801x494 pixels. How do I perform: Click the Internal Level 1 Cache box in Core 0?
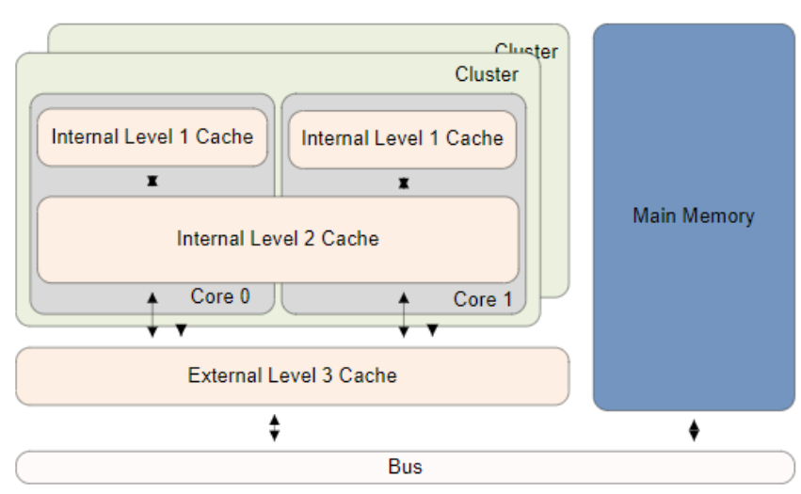pyautogui.click(x=152, y=137)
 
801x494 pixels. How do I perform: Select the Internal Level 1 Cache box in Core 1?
pyautogui.click(x=402, y=138)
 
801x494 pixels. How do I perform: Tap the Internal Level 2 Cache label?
pyautogui.click(x=278, y=239)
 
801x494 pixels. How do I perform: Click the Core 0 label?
pyautogui.click(x=220, y=296)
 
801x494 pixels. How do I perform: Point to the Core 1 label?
pyautogui.click(x=483, y=299)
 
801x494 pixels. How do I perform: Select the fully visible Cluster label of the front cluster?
pyautogui.click(x=487, y=74)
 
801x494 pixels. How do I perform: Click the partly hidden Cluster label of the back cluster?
pyautogui.click(x=526, y=51)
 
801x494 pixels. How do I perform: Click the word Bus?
pyautogui.click(x=405, y=467)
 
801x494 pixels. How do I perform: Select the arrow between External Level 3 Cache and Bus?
pyautogui.click(x=275, y=428)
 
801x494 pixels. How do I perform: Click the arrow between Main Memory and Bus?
pyautogui.click(x=694, y=431)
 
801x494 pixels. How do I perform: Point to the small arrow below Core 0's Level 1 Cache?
pyautogui.click(x=152, y=181)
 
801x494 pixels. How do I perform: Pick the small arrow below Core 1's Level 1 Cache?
pyautogui.click(x=404, y=183)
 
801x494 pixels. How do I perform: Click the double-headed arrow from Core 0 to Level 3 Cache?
pyautogui.click(x=152, y=314)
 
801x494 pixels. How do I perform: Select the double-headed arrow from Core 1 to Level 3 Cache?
pyautogui.click(x=404, y=314)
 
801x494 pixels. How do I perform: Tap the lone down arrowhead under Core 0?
pyautogui.click(x=181, y=330)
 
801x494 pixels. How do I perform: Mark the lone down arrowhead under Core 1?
pyautogui.click(x=432, y=330)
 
